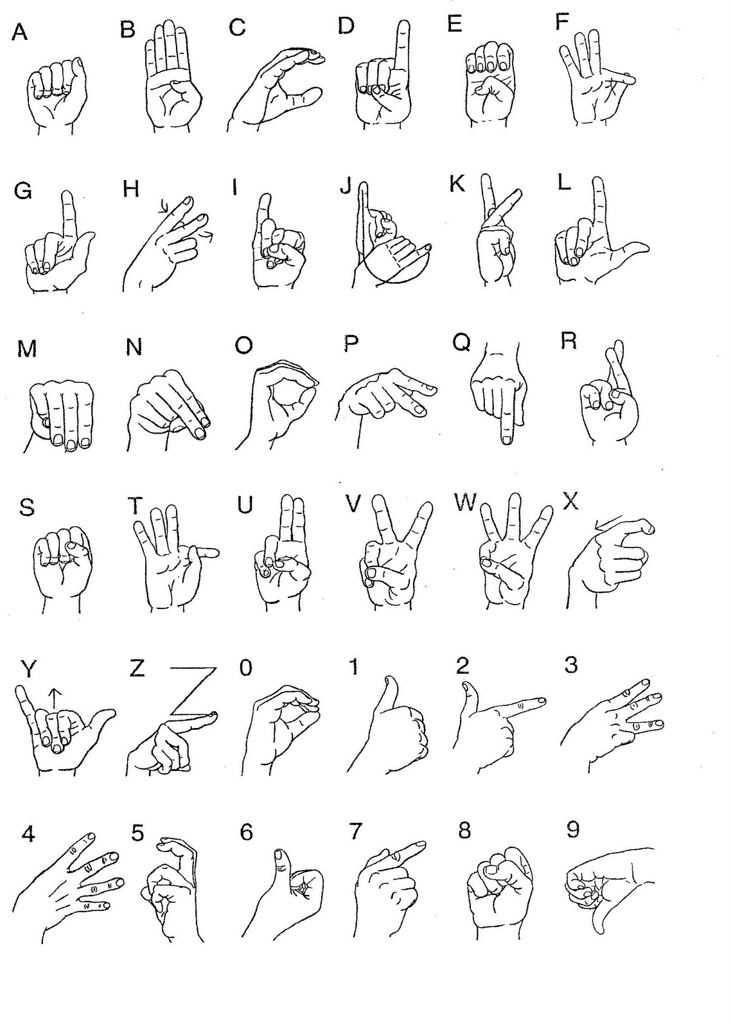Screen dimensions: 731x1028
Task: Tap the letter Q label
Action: click(x=461, y=342)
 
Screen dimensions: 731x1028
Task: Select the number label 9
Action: click(x=573, y=829)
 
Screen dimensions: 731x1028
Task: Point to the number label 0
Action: click(x=246, y=668)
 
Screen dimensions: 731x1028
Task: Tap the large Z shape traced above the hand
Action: click(x=193, y=691)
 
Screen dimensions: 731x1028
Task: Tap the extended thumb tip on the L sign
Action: click(x=644, y=249)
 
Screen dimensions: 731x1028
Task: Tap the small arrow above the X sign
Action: click(x=608, y=522)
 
